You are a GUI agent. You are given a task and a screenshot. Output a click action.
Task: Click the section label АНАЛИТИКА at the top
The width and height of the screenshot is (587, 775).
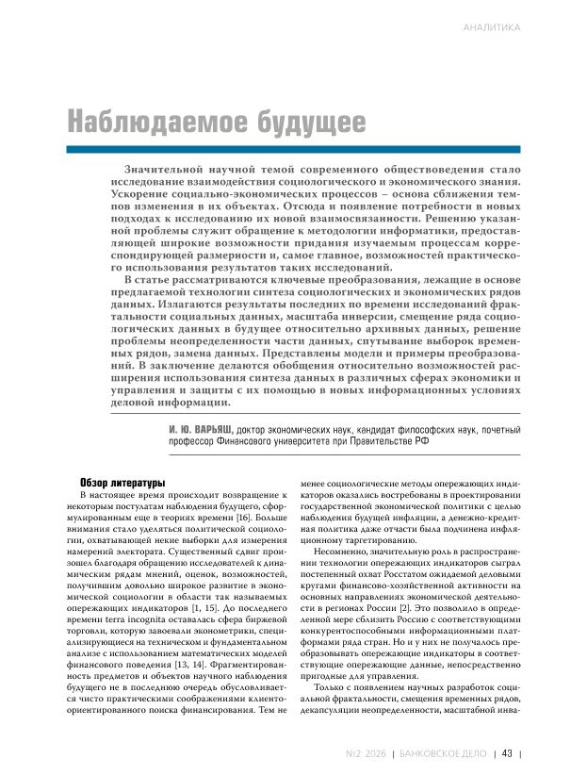(x=492, y=27)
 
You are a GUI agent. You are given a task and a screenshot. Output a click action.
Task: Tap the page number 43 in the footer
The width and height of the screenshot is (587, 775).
(x=507, y=752)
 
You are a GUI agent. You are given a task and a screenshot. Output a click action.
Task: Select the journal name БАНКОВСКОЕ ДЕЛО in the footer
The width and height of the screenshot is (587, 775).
(x=443, y=752)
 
